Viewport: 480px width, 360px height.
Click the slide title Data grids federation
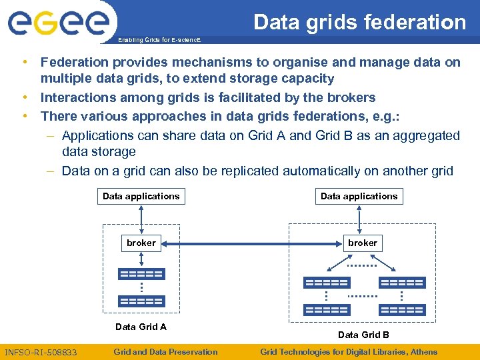(x=359, y=22)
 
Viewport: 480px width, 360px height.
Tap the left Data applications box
(x=141, y=196)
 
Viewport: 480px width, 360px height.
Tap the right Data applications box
(x=359, y=196)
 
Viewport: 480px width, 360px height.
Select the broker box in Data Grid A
(x=141, y=243)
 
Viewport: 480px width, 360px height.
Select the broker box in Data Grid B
(x=362, y=243)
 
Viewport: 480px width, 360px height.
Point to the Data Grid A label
(x=141, y=327)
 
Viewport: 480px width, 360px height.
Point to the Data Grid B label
(x=363, y=335)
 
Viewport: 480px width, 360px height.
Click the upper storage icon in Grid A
(x=141, y=274)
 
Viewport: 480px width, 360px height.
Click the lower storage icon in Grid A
(x=141, y=301)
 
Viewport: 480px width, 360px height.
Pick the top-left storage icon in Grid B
(x=326, y=283)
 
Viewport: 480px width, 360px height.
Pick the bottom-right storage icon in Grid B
(x=401, y=310)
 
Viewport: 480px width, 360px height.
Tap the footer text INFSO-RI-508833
(x=41, y=352)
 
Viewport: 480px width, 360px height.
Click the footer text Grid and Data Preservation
(x=165, y=352)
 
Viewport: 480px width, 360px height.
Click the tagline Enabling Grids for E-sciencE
(x=158, y=41)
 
